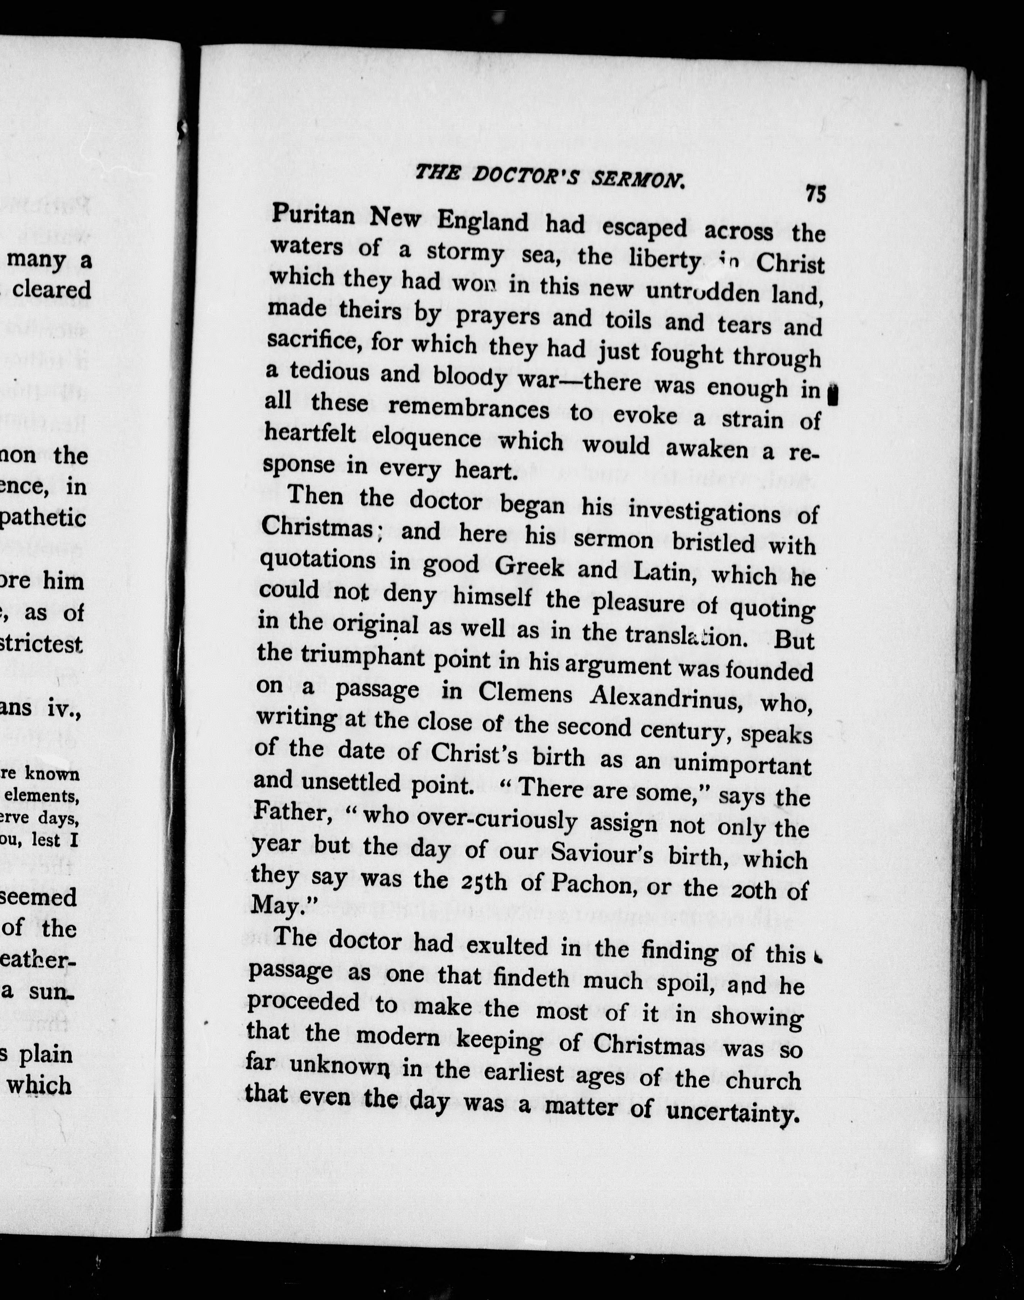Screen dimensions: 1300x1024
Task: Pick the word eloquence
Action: [426, 438]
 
